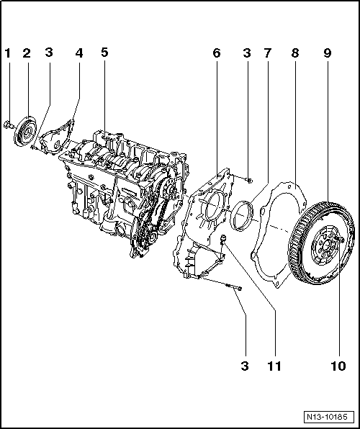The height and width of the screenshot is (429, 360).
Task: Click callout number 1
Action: pos(7,53)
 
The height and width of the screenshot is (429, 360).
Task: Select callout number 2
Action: pos(27,53)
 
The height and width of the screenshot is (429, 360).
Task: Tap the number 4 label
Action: pos(78,53)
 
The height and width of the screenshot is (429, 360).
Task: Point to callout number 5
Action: pos(104,53)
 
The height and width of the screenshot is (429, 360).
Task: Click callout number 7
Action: pos(268,53)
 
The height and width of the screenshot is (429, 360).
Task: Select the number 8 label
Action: pos(294,53)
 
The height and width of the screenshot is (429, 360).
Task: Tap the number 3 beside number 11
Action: pos(244,366)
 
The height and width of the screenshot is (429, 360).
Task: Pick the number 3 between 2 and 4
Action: pos(48,53)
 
